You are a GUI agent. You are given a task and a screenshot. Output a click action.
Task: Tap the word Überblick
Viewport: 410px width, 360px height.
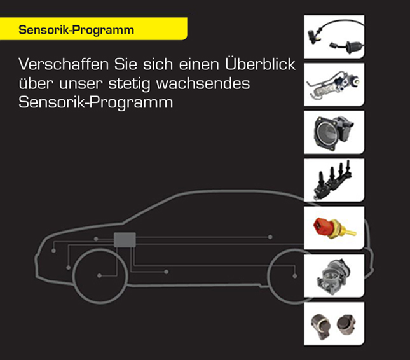tap(261, 66)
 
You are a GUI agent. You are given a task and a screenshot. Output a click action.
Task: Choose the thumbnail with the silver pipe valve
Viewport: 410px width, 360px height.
tap(334, 85)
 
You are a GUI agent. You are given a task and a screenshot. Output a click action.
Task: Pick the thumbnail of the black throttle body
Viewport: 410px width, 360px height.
tap(334, 132)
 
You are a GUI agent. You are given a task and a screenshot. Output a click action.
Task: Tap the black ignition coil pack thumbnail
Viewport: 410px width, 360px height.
tap(334, 180)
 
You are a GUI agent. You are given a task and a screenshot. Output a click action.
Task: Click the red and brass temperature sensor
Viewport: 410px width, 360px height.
tap(334, 228)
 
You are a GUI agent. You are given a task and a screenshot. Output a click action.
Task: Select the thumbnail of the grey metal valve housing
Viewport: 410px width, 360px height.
tap(334, 276)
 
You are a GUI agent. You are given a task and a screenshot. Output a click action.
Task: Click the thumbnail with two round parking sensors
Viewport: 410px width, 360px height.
tap(334, 324)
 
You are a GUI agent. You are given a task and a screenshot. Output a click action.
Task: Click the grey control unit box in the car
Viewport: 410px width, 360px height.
tap(125, 240)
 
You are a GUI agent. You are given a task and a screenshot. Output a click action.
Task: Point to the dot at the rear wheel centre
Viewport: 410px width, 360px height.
tap(295, 275)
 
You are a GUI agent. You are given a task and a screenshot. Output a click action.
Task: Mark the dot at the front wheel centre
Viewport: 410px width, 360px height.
tap(100, 275)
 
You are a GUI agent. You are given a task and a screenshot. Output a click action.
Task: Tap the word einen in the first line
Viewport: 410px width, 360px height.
tap(193, 66)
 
